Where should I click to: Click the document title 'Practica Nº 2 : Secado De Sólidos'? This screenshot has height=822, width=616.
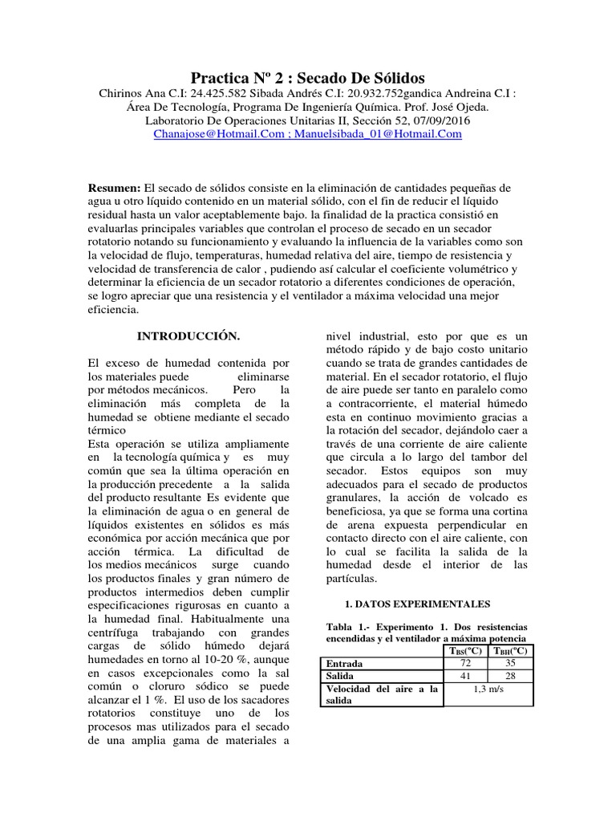click(x=308, y=78)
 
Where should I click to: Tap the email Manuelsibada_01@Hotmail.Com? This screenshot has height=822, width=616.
click(x=378, y=134)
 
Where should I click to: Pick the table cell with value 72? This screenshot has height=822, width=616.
click(x=464, y=664)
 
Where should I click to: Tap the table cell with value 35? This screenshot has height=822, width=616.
click(x=510, y=664)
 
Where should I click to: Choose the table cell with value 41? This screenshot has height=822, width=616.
click(x=464, y=677)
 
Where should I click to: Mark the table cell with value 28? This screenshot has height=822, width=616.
click(x=510, y=677)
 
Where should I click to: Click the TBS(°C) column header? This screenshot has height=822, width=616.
click(x=464, y=650)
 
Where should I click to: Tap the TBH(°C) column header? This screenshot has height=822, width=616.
click(x=510, y=650)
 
